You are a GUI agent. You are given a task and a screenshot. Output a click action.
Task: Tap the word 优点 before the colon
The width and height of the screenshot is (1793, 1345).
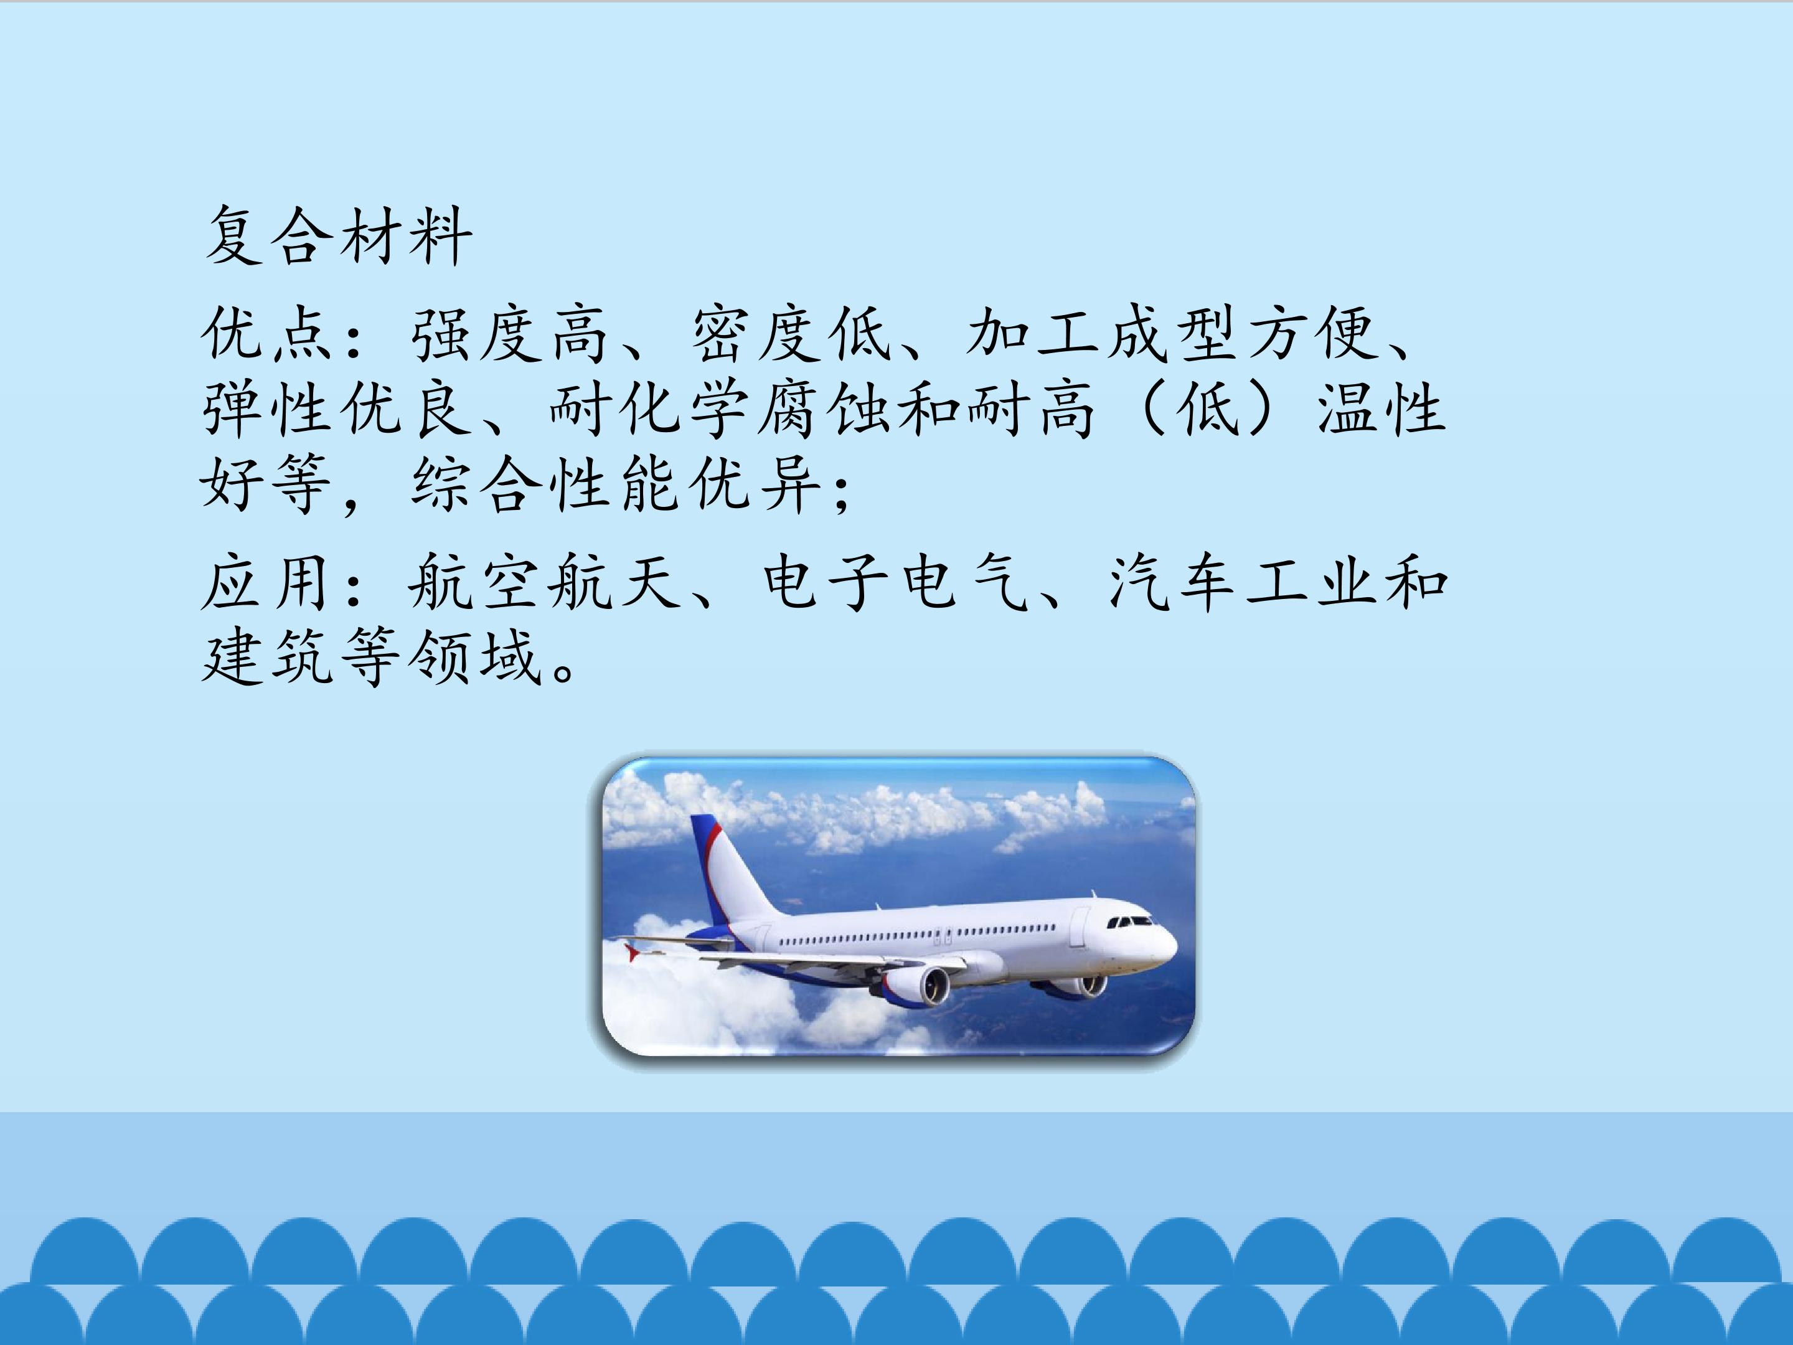click(x=268, y=334)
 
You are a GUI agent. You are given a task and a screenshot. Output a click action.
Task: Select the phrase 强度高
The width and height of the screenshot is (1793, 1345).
click(x=510, y=334)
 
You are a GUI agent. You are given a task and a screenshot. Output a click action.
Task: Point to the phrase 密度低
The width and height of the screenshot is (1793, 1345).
click(x=790, y=334)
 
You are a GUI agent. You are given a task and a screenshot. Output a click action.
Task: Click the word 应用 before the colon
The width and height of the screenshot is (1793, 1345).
click(x=268, y=582)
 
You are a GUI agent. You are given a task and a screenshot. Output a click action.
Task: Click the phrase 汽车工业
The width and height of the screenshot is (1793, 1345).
click(x=1245, y=582)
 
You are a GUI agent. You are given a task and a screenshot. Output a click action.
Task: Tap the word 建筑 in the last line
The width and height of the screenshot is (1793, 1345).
click(x=268, y=657)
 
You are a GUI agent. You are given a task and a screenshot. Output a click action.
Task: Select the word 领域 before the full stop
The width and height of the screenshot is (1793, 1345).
click(x=474, y=657)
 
